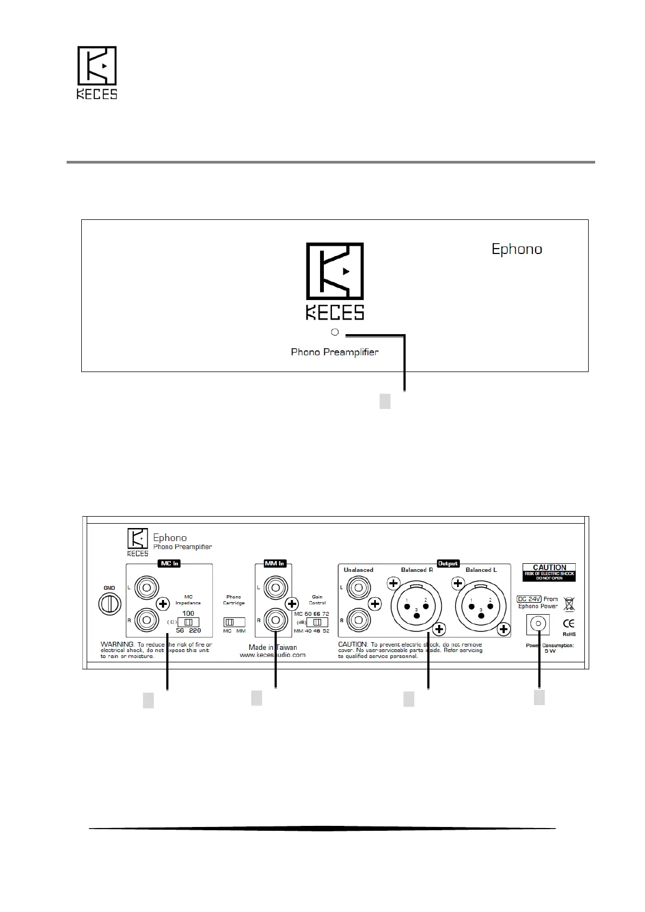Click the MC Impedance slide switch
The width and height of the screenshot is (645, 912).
coord(188,622)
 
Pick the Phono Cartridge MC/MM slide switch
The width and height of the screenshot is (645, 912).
coord(234,622)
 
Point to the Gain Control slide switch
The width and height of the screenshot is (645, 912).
coord(317,622)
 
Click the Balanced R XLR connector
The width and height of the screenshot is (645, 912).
coord(416,607)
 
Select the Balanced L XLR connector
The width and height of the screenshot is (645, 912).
coord(480,607)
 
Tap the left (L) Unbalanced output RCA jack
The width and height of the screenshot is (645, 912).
coord(357,587)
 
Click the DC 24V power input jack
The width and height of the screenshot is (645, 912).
coord(538,624)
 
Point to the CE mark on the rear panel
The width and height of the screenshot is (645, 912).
coord(569,623)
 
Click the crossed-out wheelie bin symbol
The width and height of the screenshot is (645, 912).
coord(569,604)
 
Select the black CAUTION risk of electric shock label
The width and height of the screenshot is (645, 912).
coord(550,572)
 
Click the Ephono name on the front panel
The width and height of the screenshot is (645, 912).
coord(517,249)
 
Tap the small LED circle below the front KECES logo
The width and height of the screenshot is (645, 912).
coord(335,332)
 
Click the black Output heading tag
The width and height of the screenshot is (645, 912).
coord(448,563)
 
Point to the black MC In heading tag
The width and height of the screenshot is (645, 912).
coord(169,563)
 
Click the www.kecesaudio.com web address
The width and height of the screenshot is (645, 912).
coord(272,655)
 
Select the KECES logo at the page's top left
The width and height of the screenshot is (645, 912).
coord(97,73)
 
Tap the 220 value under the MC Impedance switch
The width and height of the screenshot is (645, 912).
coord(195,631)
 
